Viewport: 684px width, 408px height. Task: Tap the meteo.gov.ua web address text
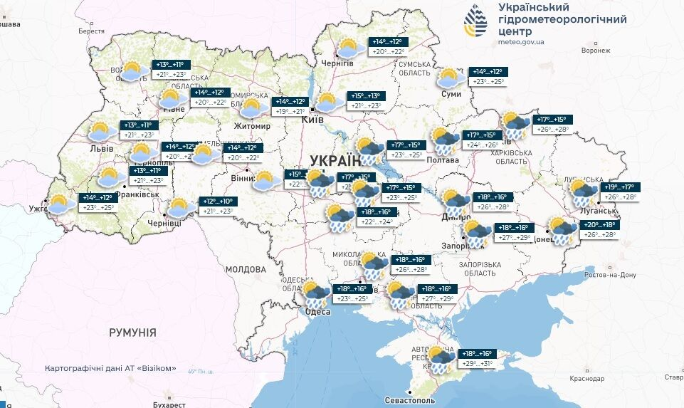522,42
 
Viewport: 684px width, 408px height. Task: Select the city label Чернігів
337,63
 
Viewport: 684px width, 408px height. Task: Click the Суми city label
451,93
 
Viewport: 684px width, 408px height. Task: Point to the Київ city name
313,120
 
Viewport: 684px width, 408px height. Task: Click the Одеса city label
317,312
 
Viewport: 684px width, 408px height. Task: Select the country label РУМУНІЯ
132,333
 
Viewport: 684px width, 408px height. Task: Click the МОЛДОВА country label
246,270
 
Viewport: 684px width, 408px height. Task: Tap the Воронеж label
596,51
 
